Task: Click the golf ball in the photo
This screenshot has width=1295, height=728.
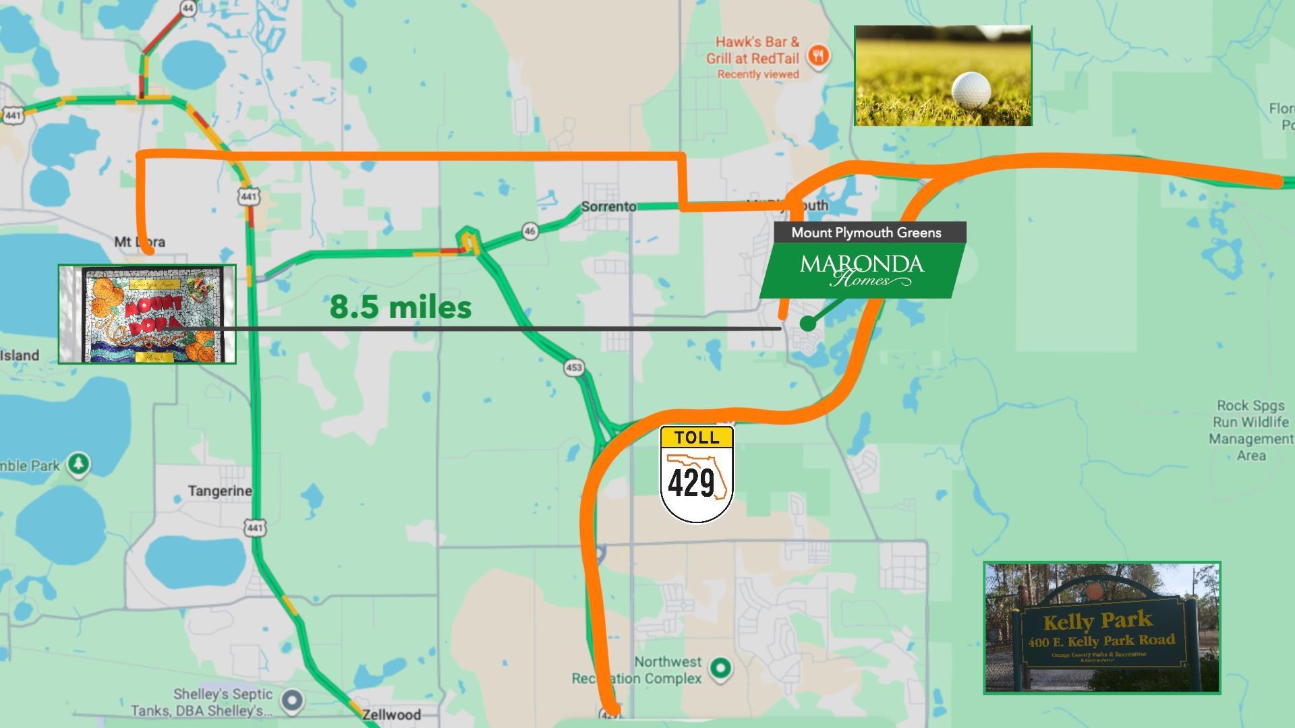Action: coord(971,90)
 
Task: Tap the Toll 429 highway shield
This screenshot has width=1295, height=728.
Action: coord(696,474)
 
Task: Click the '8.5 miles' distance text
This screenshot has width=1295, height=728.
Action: coord(400,307)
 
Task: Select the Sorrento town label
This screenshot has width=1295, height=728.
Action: coord(608,206)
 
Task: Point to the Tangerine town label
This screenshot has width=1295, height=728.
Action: coord(220,491)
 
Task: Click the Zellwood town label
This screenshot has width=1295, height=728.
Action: coord(391,714)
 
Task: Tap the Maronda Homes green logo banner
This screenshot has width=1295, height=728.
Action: coord(862,270)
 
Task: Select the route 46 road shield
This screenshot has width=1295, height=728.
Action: coord(530,231)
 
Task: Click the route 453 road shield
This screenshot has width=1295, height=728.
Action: coord(574,367)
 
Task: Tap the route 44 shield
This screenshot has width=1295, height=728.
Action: coord(188,8)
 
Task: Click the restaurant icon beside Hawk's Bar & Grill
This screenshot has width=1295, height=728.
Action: coord(819,55)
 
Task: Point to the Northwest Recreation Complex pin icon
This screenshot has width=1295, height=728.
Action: coord(721,668)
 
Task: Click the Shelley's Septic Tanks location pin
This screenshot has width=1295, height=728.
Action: coord(292,701)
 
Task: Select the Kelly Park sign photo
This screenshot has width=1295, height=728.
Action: coord(1101,628)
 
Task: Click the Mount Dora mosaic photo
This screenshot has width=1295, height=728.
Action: coord(147,314)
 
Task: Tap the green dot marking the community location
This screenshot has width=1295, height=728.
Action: coord(807,324)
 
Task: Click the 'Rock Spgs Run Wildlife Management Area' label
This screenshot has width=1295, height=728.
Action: coord(1250,430)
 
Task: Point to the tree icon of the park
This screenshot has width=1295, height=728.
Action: coord(79,464)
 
